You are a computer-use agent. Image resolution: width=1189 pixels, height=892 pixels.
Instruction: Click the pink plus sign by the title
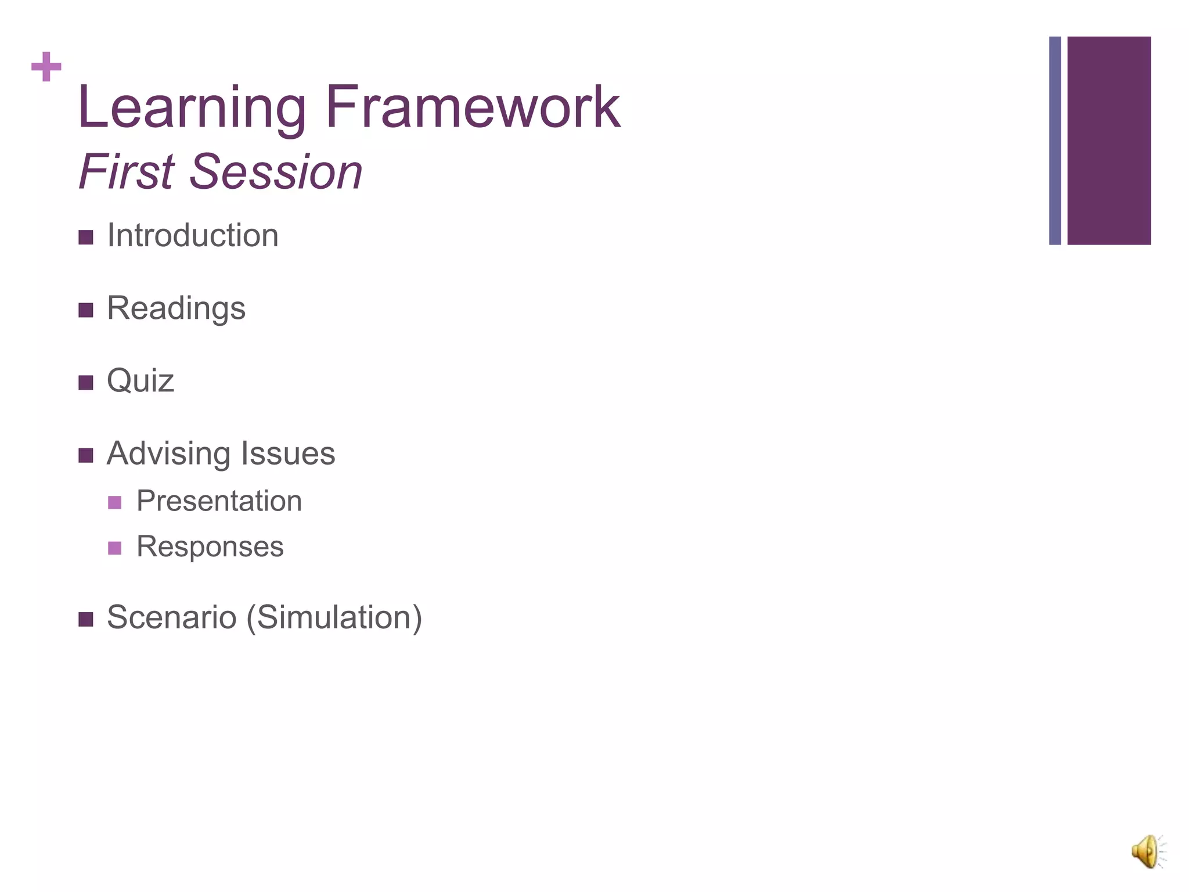[x=46, y=67]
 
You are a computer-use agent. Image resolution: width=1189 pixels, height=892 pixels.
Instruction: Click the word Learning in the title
[x=192, y=107]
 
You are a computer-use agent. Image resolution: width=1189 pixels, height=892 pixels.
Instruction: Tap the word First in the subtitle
[x=127, y=171]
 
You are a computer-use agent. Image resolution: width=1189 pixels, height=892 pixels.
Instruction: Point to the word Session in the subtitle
[x=276, y=171]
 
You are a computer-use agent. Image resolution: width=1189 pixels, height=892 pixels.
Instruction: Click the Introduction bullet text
[x=193, y=236]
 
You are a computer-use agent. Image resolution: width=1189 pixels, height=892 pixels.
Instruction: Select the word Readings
[x=176, y=308]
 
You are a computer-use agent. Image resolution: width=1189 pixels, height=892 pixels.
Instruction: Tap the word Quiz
[x=140, y=381]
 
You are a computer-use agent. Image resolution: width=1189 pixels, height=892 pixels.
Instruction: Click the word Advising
[x=168, y=454]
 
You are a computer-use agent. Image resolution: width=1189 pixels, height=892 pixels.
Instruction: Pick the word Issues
[x=288, y=454]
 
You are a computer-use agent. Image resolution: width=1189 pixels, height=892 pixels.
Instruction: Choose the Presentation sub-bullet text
[x=219, y=501]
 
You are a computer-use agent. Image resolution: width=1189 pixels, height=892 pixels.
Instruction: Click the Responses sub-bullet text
[x=210, y=546]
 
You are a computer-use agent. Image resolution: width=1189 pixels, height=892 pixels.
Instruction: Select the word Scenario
[x=171, y=617]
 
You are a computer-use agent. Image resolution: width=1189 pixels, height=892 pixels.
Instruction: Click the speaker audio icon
[x=1147, y=851]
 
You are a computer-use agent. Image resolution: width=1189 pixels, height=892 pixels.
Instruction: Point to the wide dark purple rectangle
[x=1109, y=141]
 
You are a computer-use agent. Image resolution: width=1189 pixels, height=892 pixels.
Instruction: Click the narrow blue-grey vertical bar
[x=1055, y=141]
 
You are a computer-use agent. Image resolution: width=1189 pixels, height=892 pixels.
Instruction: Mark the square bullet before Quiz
[x=86, y=383]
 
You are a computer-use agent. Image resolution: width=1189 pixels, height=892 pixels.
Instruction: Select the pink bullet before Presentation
[x=115, y=502]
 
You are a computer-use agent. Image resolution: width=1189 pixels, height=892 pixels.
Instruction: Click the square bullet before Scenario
[x=86, y=619]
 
